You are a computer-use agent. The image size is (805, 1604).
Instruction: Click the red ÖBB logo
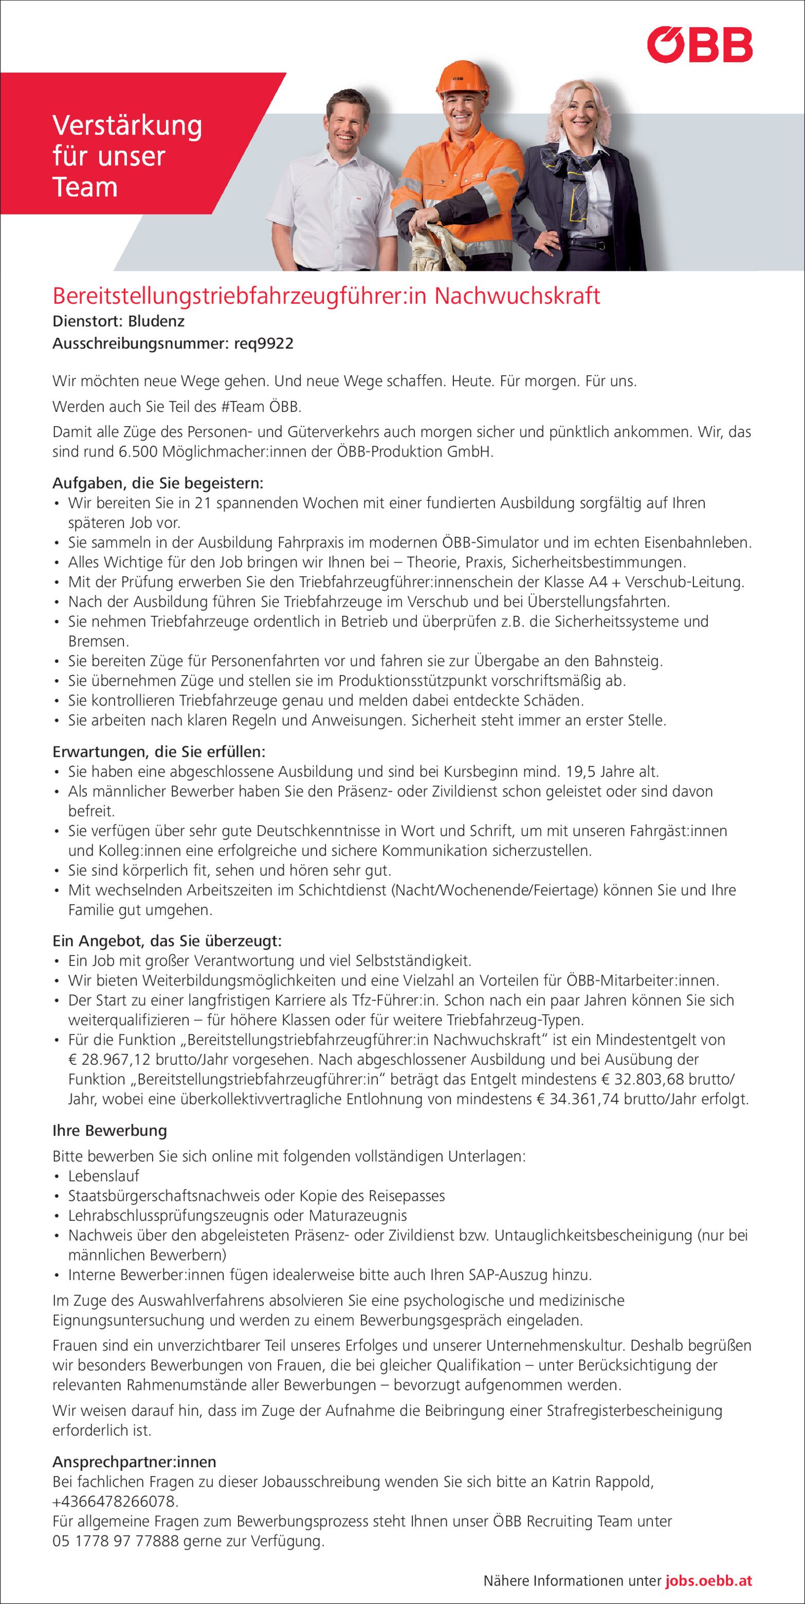point(699,45)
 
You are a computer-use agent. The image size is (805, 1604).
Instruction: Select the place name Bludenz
point(156,321)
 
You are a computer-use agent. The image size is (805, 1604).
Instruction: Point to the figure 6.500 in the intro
point(138,452)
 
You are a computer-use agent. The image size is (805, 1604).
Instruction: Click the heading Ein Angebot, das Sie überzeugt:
point(167,940)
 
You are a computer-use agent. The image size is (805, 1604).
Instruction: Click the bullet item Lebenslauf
point(103,1176)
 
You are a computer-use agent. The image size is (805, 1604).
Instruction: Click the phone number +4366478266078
point(115,1501)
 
